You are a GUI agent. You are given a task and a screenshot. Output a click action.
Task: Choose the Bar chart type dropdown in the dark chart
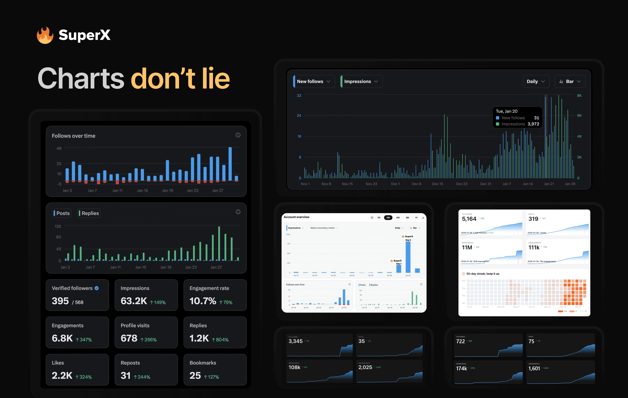(x=570, y=81)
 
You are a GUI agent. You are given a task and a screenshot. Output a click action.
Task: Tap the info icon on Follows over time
(x=238, y=135)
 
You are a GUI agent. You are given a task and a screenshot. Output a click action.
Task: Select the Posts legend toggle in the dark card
(x=62, y=213)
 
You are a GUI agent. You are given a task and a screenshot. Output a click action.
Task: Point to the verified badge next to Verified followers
(x=97, y=288)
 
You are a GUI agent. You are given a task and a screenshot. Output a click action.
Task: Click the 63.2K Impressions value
(x=134, y=301)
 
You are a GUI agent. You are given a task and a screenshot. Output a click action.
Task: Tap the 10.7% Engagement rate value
(x=203, y=301)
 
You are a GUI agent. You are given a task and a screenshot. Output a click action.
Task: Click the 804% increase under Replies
(x=220, y=340)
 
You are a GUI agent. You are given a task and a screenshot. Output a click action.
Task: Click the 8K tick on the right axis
(x=579, y=96)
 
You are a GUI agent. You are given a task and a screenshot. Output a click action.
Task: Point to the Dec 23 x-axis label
(x=462, y=184)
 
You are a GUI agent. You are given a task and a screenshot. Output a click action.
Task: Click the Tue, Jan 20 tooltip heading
(x=506, y=111)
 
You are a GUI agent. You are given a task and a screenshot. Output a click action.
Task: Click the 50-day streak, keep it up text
(x=483, y=274)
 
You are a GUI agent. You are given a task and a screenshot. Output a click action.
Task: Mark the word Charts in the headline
(x=81, y=78)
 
